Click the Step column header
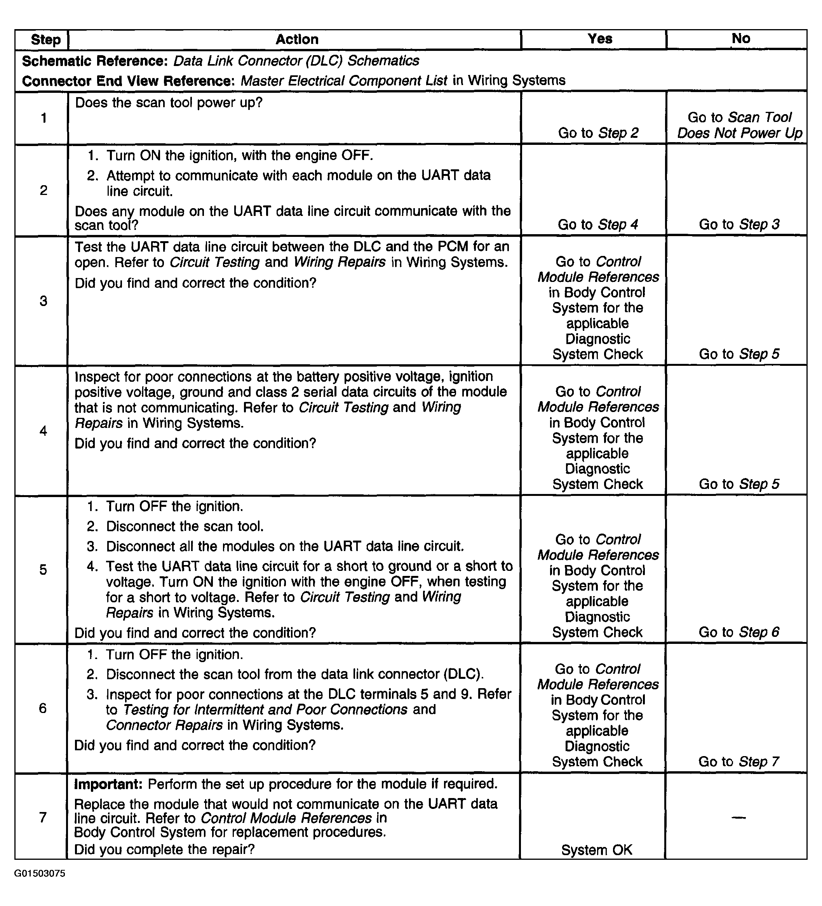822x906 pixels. coord(45,40)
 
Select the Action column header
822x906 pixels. coord(297,40)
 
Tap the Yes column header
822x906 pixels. coord(599,39)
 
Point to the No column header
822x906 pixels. coord(740,39)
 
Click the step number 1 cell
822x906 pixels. coord(44,118)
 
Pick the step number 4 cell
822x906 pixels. coord(43,431)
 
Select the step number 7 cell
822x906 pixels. coord(43,817)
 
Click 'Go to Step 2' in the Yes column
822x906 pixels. coord(598,133)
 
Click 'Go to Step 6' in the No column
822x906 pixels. coord(738,632)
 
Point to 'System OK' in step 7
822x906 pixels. coord(597,850)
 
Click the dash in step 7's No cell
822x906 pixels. coord(738,817)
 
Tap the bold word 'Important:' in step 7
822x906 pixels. coord(108,784)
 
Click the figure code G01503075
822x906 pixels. coord(40,873)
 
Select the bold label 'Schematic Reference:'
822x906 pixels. coord(95,61)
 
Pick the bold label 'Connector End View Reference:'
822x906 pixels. coord(129,81)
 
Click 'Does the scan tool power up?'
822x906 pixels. coord(169,103)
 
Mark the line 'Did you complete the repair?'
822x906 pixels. coord(165,849)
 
